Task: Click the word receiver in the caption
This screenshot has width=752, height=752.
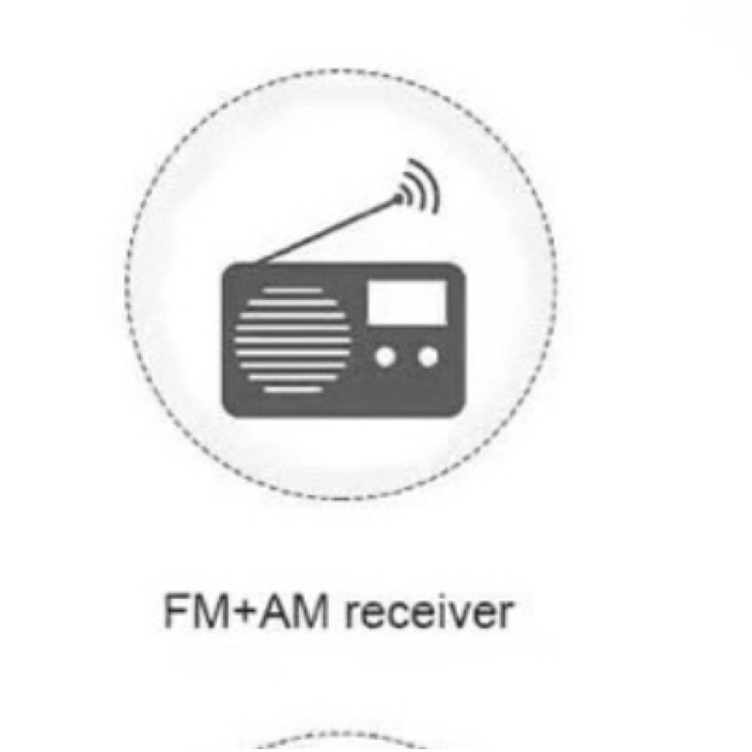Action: tap(430, 613)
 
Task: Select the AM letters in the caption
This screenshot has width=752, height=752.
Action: tap(294, 612)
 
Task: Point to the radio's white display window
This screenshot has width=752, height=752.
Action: tap(407, 303)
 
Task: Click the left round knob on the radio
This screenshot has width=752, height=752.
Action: tap(385, 357)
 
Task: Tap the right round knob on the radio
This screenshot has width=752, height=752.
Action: tap(428, 357)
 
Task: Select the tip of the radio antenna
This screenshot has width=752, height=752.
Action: tap(399, 197)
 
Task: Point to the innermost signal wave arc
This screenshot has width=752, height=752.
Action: tap(406, 196)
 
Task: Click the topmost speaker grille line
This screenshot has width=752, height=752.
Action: tap(293, 290)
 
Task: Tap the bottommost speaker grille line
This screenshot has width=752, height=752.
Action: tap(293, 389)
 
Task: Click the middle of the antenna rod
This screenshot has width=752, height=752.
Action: tap(326, 231)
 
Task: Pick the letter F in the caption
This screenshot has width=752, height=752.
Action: tap(175, 612)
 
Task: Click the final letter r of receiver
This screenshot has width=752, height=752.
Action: tap(507, 616)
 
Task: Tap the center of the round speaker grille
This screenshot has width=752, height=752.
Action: tap(293, 340)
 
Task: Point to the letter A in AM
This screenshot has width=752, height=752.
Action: tap(274, 612)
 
